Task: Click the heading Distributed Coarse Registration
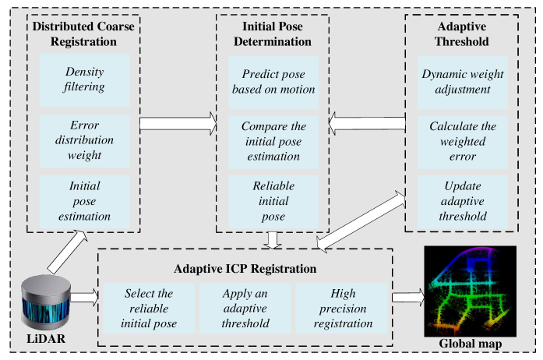point(84,33)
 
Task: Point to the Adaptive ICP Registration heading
point(245,269)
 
